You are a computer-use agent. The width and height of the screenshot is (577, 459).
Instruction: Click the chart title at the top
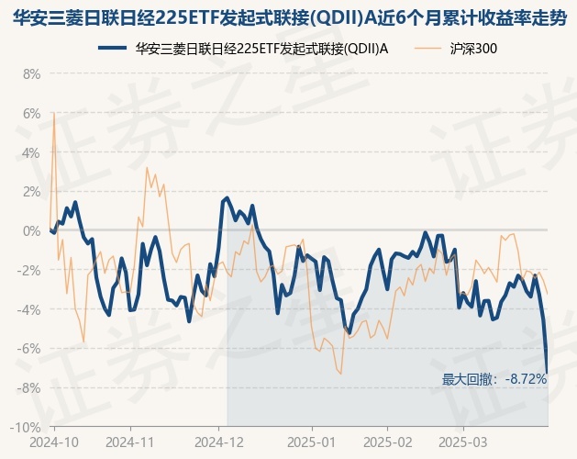click(x=289, y=17)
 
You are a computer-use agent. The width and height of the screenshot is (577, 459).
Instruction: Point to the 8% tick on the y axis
click(x=31, y=73)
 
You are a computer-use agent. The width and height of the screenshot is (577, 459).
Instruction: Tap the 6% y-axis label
click(x=31, y=113)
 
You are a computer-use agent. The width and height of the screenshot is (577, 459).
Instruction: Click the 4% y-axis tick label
click(x=31, y=152)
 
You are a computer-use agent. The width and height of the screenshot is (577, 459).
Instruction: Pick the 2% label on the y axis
click(x=31, y=192)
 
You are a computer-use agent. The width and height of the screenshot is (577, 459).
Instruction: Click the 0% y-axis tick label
click(x=31, y=230)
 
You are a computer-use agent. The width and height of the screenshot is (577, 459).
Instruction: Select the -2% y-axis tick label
click(x=29, y=270)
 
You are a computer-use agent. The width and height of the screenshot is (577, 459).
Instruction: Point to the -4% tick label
click(x=29, y=309)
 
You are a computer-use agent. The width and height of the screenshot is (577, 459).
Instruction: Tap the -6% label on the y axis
click(x=29, y=349)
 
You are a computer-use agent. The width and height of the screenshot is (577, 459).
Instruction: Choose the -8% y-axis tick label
click(x=29, y=388)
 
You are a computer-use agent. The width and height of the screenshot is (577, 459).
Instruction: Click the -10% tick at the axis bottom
click(x=27, y=428)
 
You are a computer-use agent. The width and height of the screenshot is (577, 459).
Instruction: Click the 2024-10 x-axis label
click(x=55, y=442)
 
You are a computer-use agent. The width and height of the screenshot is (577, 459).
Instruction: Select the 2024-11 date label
click(x=131, y=442)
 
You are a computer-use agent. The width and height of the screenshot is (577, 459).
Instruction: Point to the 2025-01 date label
click(x=313, y=442)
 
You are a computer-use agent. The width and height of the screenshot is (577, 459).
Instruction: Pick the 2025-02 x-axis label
click(x=388, y=442)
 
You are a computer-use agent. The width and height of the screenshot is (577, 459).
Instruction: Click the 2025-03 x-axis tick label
click(x=463, y=442)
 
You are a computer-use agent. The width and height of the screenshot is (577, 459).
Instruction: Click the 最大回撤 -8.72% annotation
click(x=494, y=379)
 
